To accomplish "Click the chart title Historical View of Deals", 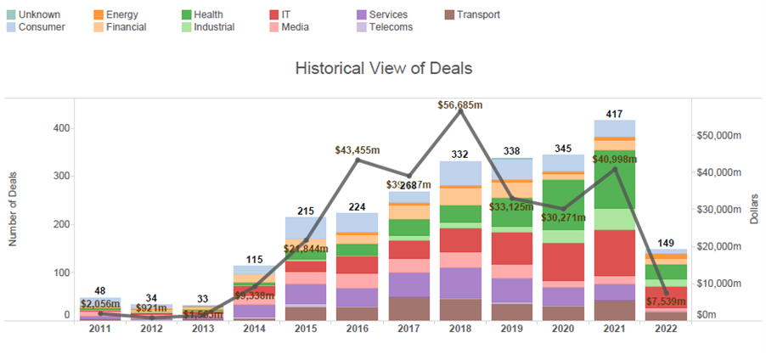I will click(x=383, y=68).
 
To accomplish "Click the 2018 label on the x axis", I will click(x=460, y=329).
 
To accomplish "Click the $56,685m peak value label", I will click(x=459, y=105).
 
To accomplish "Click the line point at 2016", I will click(x=358, y=160).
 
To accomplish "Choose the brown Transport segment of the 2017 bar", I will click(x=408, y=308).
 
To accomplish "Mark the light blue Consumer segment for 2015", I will click(x=306, y=228).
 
